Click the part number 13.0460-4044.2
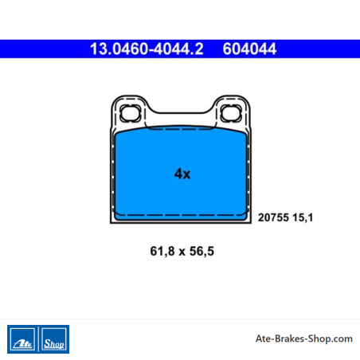(x=147, y=49)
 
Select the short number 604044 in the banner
(x=249, y=49)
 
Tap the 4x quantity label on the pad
(x=182, y=174)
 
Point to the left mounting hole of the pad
(x=130, y=113)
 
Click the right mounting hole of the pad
(x=231, y=113)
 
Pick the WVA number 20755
(x=273, y=217)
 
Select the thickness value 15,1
(x=303, y=217)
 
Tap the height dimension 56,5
(x=202, y=251)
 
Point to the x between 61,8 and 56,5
(x=182, y=252)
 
